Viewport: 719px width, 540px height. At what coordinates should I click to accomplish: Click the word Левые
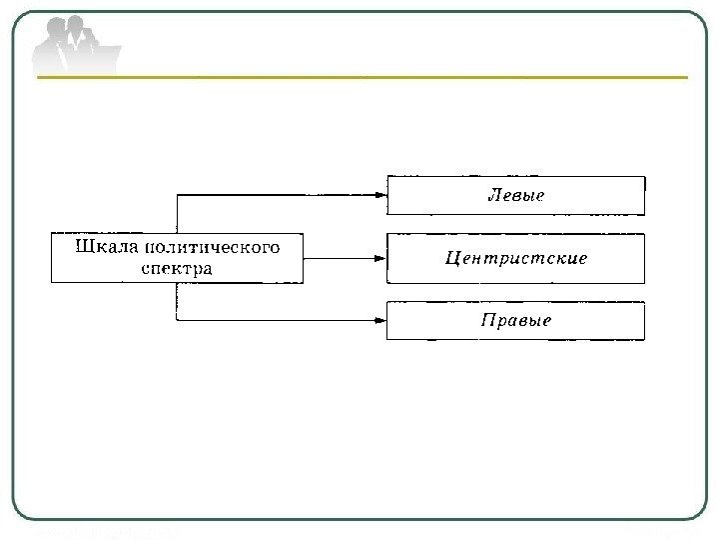pos(515,195)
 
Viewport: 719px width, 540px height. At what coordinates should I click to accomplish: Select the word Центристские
pos(515,258)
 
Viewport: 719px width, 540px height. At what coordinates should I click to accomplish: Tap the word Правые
pos(515,321)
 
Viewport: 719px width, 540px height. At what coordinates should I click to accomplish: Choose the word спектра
pos(177,268)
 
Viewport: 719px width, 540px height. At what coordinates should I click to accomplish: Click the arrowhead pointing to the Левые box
pos(380,195)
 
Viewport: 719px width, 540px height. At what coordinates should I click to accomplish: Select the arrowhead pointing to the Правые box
pos(380,320)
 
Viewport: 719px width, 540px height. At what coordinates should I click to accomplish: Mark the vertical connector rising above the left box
pos(177,213)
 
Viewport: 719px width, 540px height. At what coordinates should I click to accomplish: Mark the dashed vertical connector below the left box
pos(177,301)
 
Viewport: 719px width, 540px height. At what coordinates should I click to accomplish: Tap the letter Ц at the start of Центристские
pos(451,259)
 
